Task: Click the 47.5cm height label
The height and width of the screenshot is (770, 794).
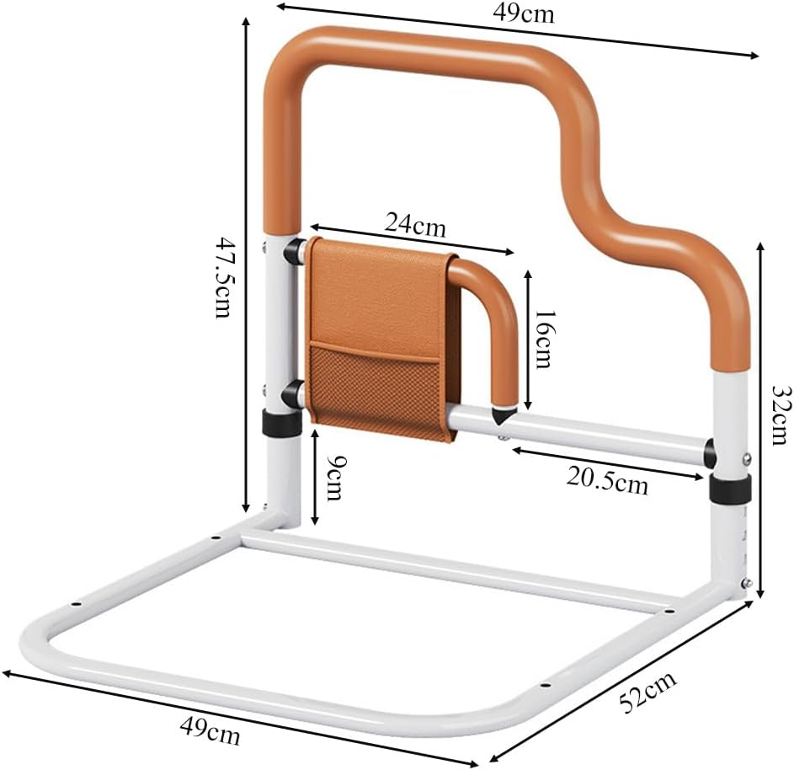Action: [221, 277]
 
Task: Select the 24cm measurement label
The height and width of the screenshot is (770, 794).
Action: [414, 224]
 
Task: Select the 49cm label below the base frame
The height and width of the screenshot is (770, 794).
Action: [208, 732]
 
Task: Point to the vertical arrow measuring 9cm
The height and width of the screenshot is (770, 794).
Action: [314, 476]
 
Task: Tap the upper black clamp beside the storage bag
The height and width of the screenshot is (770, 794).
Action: [295, 251]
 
